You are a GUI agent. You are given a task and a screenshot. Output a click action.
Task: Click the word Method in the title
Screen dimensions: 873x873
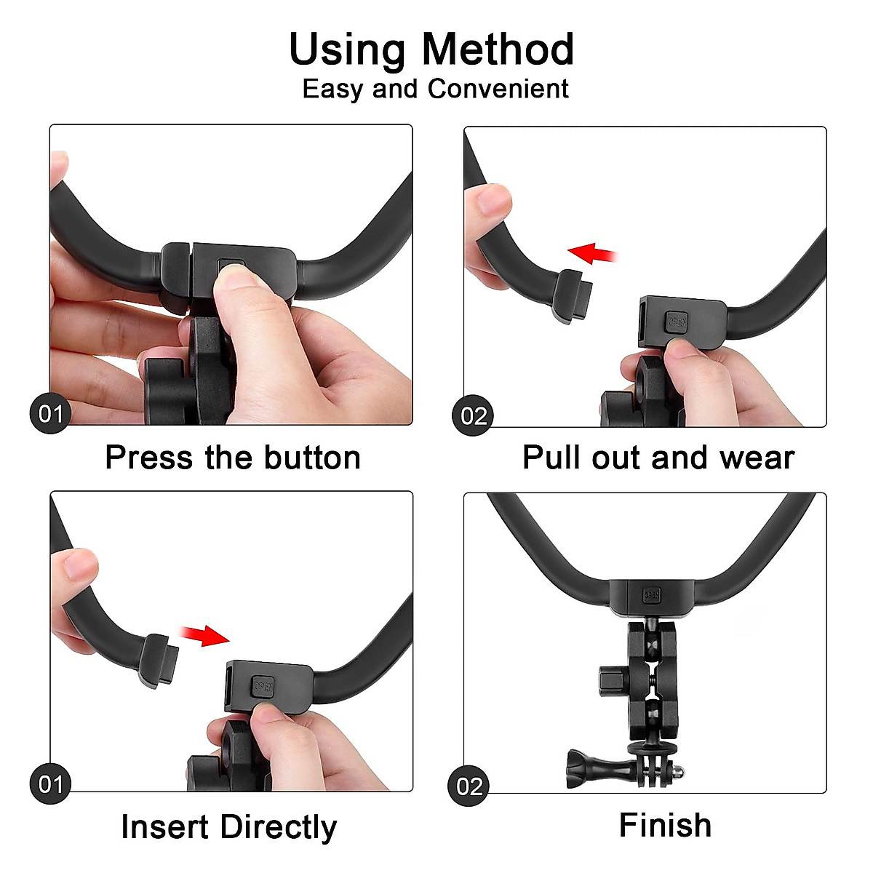[x=498, y=49]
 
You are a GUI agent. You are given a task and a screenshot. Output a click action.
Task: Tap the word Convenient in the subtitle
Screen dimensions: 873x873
[x=498, y=89]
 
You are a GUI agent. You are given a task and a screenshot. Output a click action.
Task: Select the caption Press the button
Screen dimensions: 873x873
[x=233, y=458]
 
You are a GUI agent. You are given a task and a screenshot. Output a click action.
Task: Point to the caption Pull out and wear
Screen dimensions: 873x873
[x=658, y=458]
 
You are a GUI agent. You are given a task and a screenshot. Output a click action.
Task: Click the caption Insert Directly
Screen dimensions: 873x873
[x=229, y=827]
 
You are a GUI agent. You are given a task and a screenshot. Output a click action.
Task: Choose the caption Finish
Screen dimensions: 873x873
[x=665, y=826]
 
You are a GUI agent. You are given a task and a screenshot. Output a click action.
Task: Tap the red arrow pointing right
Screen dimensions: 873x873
[x=206, y=634]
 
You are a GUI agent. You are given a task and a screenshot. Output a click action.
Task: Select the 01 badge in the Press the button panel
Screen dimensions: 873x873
[x=50, y=415]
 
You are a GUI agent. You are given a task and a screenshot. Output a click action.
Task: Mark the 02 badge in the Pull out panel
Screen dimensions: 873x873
[x=473, y=416]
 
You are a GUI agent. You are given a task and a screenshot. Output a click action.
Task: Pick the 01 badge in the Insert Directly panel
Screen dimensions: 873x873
[x=50, y=784]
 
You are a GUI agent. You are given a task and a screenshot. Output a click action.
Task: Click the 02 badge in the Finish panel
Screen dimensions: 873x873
[x=469, y=786]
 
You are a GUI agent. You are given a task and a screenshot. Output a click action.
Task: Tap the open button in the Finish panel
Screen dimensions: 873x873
[x=652, y=595]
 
